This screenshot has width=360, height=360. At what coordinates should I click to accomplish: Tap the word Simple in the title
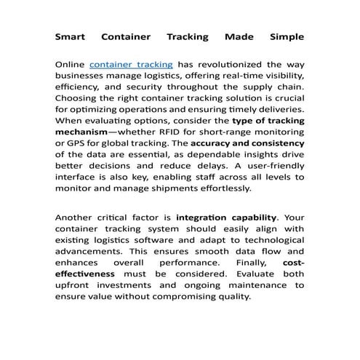click(287, 36)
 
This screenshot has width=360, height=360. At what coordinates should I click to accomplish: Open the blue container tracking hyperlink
click(130, 65)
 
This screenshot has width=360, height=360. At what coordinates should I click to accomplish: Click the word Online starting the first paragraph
click(71, 65)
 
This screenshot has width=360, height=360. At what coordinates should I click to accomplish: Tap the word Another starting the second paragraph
click(76, 217)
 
